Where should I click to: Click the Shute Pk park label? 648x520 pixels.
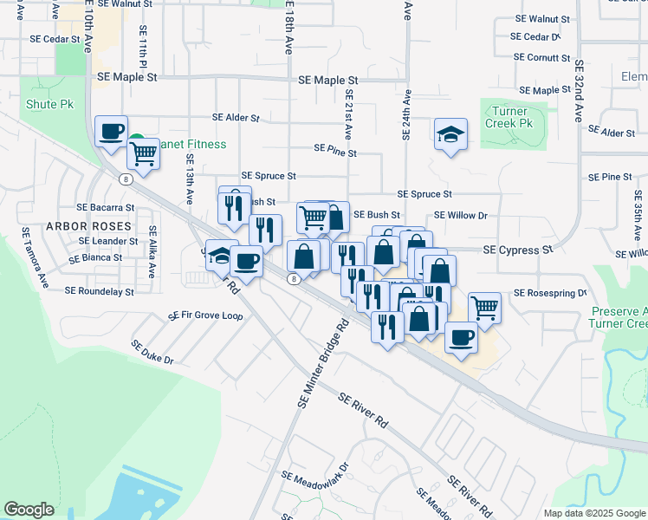pos(49,105)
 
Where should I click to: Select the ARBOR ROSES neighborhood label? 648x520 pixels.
pos(88,226)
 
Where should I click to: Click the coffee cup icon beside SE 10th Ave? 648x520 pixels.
pos(111,132)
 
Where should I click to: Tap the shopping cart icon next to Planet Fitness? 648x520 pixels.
pos(144,153)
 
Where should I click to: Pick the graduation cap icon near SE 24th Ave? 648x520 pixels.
pos(450,134)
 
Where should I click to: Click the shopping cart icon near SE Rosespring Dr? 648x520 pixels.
pos(484,307)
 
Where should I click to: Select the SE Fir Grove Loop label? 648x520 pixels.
pos(205,315)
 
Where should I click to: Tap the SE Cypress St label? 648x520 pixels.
pos(517,250)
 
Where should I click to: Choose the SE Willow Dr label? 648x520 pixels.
pos(461,215)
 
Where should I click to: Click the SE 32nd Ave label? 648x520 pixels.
pos(579,91)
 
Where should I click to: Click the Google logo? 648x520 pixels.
pos(29,510)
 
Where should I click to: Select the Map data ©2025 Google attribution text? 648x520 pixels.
pos(593,513)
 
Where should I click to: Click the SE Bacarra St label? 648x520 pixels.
pos(106,208)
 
